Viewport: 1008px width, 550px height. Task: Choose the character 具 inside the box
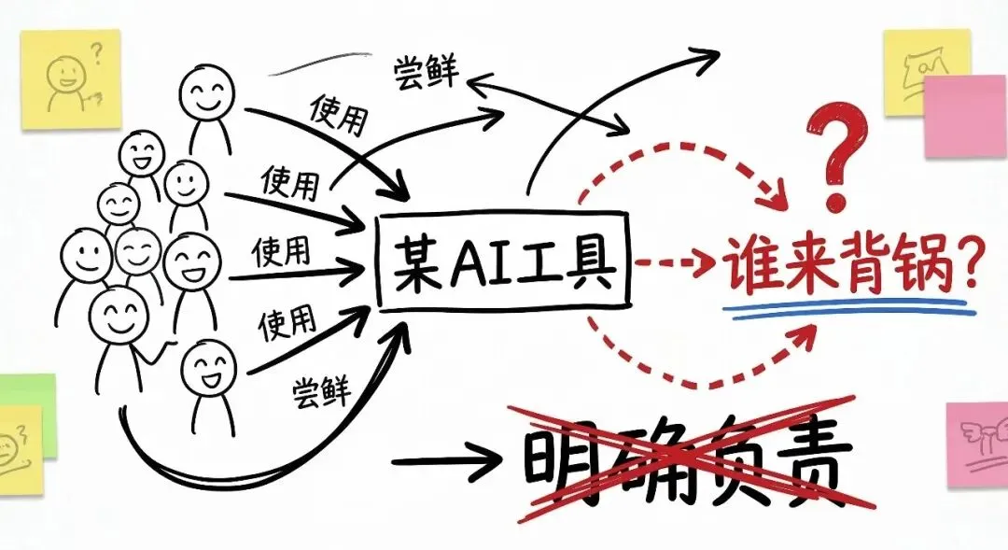click(x=591, y=263)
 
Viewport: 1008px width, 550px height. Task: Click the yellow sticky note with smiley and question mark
click(x=72, y=78)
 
